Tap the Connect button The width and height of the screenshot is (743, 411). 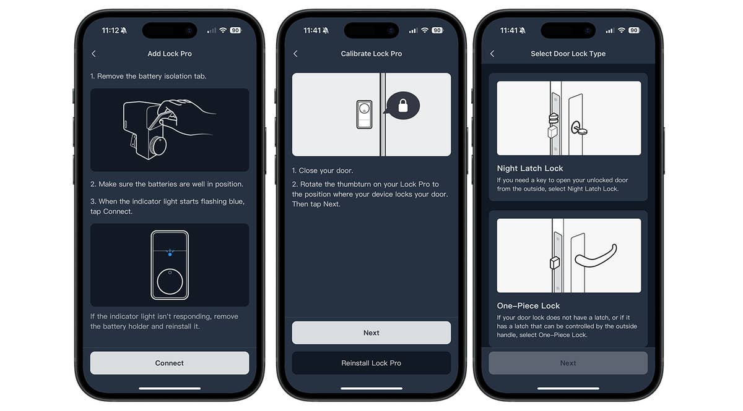[x=170, y=363]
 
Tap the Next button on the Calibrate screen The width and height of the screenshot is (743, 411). [x=371, y=333]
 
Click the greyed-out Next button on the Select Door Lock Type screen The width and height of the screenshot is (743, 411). [x=568, y=363]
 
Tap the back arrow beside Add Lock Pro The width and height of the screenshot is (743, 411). [x=94, y=54]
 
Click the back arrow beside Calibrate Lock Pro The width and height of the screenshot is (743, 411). [x=295, y=54]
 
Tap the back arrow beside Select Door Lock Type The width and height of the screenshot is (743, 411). [x=492, y=54]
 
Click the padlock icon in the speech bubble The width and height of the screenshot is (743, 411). [x=403, y=106]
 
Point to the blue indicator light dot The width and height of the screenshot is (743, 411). [x=170, y=255]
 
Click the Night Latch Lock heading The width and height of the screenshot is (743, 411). [x=530, y=169]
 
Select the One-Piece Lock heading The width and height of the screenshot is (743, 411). [x=528, y=306]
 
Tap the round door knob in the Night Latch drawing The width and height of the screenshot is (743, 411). [x=579, y=129]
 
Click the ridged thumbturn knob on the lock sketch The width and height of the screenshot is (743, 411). [x=158, y=145]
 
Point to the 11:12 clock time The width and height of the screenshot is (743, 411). [x=110, y=30]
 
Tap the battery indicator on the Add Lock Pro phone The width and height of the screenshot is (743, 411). [x=235, y=30]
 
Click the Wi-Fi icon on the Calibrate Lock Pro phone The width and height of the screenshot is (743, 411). [x=425, y=30]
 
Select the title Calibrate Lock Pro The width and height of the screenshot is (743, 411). [x=371, y=54]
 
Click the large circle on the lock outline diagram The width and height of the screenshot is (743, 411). [x=170, y=281]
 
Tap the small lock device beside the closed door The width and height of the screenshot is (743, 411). [x=364, y=114]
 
